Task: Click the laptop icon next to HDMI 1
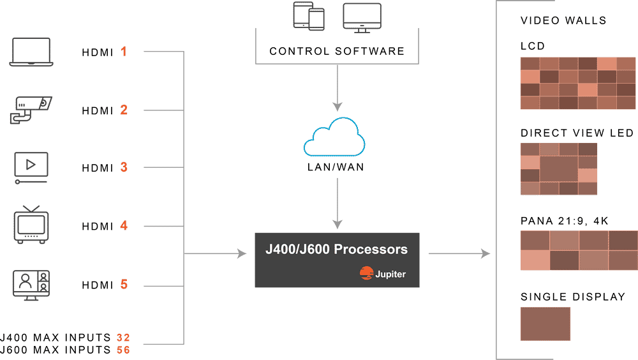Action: pyautogui.click(x=31, y=52)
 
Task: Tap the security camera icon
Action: pyautogui.click(x=31, y=110)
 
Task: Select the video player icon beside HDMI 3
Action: pyautogui.click(x=31, y=168)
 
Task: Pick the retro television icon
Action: pyautogui.click(x=31, y=225)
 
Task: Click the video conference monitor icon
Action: pyautogui.click(x=31, y=285)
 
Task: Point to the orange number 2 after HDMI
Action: pyautogui.click(x=124, y=110)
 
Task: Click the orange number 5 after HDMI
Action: pyautogui.click(x=124, y=284)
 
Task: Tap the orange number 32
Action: pyautogui.click(x=123, y=338)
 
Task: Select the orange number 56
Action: pyautogui.click(x=123, y=350)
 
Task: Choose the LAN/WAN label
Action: pyautogui.click(x=336, y=167)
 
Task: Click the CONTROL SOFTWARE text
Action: pyautogui.click(x=337, y=51)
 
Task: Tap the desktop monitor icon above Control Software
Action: pyautogui.click(x=362, y=18)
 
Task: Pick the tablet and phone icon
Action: pyautogui.click(x=309, y=17)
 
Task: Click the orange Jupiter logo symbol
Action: pyautogui.click(x=366, y=273)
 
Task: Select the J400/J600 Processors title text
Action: pyautogui.click(x=336, y=249)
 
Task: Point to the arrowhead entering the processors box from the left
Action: pyautogui.click(x=242, y=253)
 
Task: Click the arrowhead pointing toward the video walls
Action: pyautogui.click(x=486, y=253)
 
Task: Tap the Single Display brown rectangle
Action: pyautogui.click(x=545, y=324)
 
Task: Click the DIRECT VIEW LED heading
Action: pyautogui.click(x=577, y=133)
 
